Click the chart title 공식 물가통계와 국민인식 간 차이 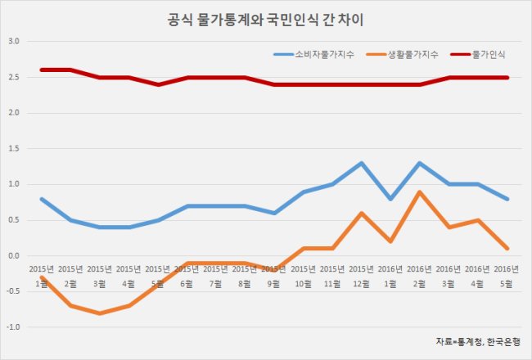(x=265, y=20)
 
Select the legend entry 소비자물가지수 (x=313, y=54)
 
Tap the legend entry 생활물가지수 (x=403, y=54)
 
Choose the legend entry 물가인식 (x=478, y=54)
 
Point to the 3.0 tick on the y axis (x=14, y=41)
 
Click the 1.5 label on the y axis (x=14, y=149)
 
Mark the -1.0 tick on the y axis (x=13, y=327)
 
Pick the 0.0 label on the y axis (x=14, y=256)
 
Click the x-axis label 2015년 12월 (x=361, y=277)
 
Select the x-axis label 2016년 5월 (x=506, y=277)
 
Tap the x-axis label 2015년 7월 (x=216, y=277)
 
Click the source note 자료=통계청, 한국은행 (x=478, y=341)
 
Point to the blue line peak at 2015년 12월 (x=361, y=163)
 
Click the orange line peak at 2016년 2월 (x=419, y=191)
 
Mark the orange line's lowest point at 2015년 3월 (x=100, y=313)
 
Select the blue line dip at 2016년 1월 (x=390, y=199)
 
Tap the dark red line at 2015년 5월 (x=158, y=84)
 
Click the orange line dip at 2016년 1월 (x=390, y=241)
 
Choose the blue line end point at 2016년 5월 (x=507, y=199)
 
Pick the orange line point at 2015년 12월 (x=361, y=213)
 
